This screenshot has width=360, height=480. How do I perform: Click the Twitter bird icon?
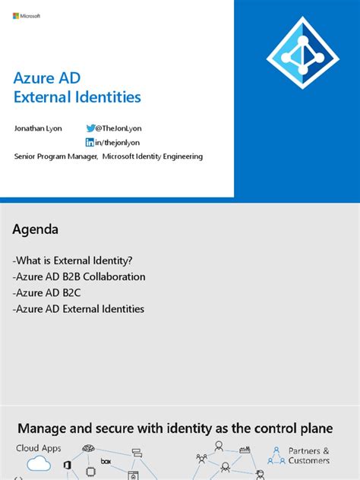[90, 128]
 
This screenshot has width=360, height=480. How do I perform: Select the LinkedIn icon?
[90, 143]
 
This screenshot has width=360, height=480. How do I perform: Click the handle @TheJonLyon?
[119, 128]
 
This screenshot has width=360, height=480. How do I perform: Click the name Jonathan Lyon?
[38, 128]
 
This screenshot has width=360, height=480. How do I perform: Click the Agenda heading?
[36, 229]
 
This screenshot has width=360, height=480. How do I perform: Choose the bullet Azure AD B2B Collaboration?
[80, 276]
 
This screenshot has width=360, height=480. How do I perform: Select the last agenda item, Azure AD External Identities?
[79, 308]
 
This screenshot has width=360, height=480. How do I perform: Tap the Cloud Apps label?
[39, 448]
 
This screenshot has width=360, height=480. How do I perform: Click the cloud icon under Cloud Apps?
[38, 464]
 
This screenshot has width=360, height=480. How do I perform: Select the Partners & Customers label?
[309, 455]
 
